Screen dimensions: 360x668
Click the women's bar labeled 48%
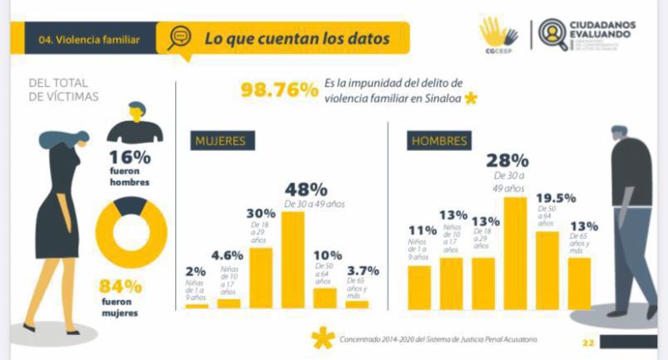click(x=293, y=260)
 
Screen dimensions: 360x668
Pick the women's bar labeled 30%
click(x=261, y=278)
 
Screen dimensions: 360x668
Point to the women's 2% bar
click(x=197, y=305)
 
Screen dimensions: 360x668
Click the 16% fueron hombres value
click(x=129, y=158)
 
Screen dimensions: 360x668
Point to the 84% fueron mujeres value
click(x=121, y=287)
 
